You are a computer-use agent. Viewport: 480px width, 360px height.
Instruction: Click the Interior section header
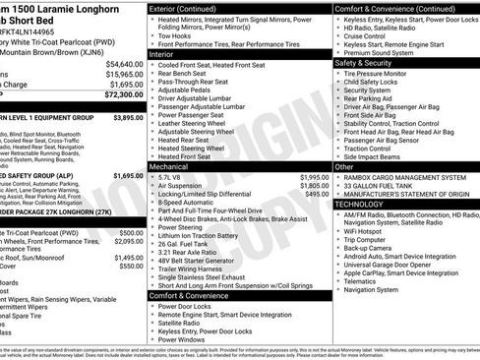161,55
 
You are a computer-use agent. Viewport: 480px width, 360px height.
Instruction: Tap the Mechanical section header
168,167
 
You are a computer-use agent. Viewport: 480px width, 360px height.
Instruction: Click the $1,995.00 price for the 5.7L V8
314,177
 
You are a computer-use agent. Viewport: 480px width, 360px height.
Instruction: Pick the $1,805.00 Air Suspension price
314,186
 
